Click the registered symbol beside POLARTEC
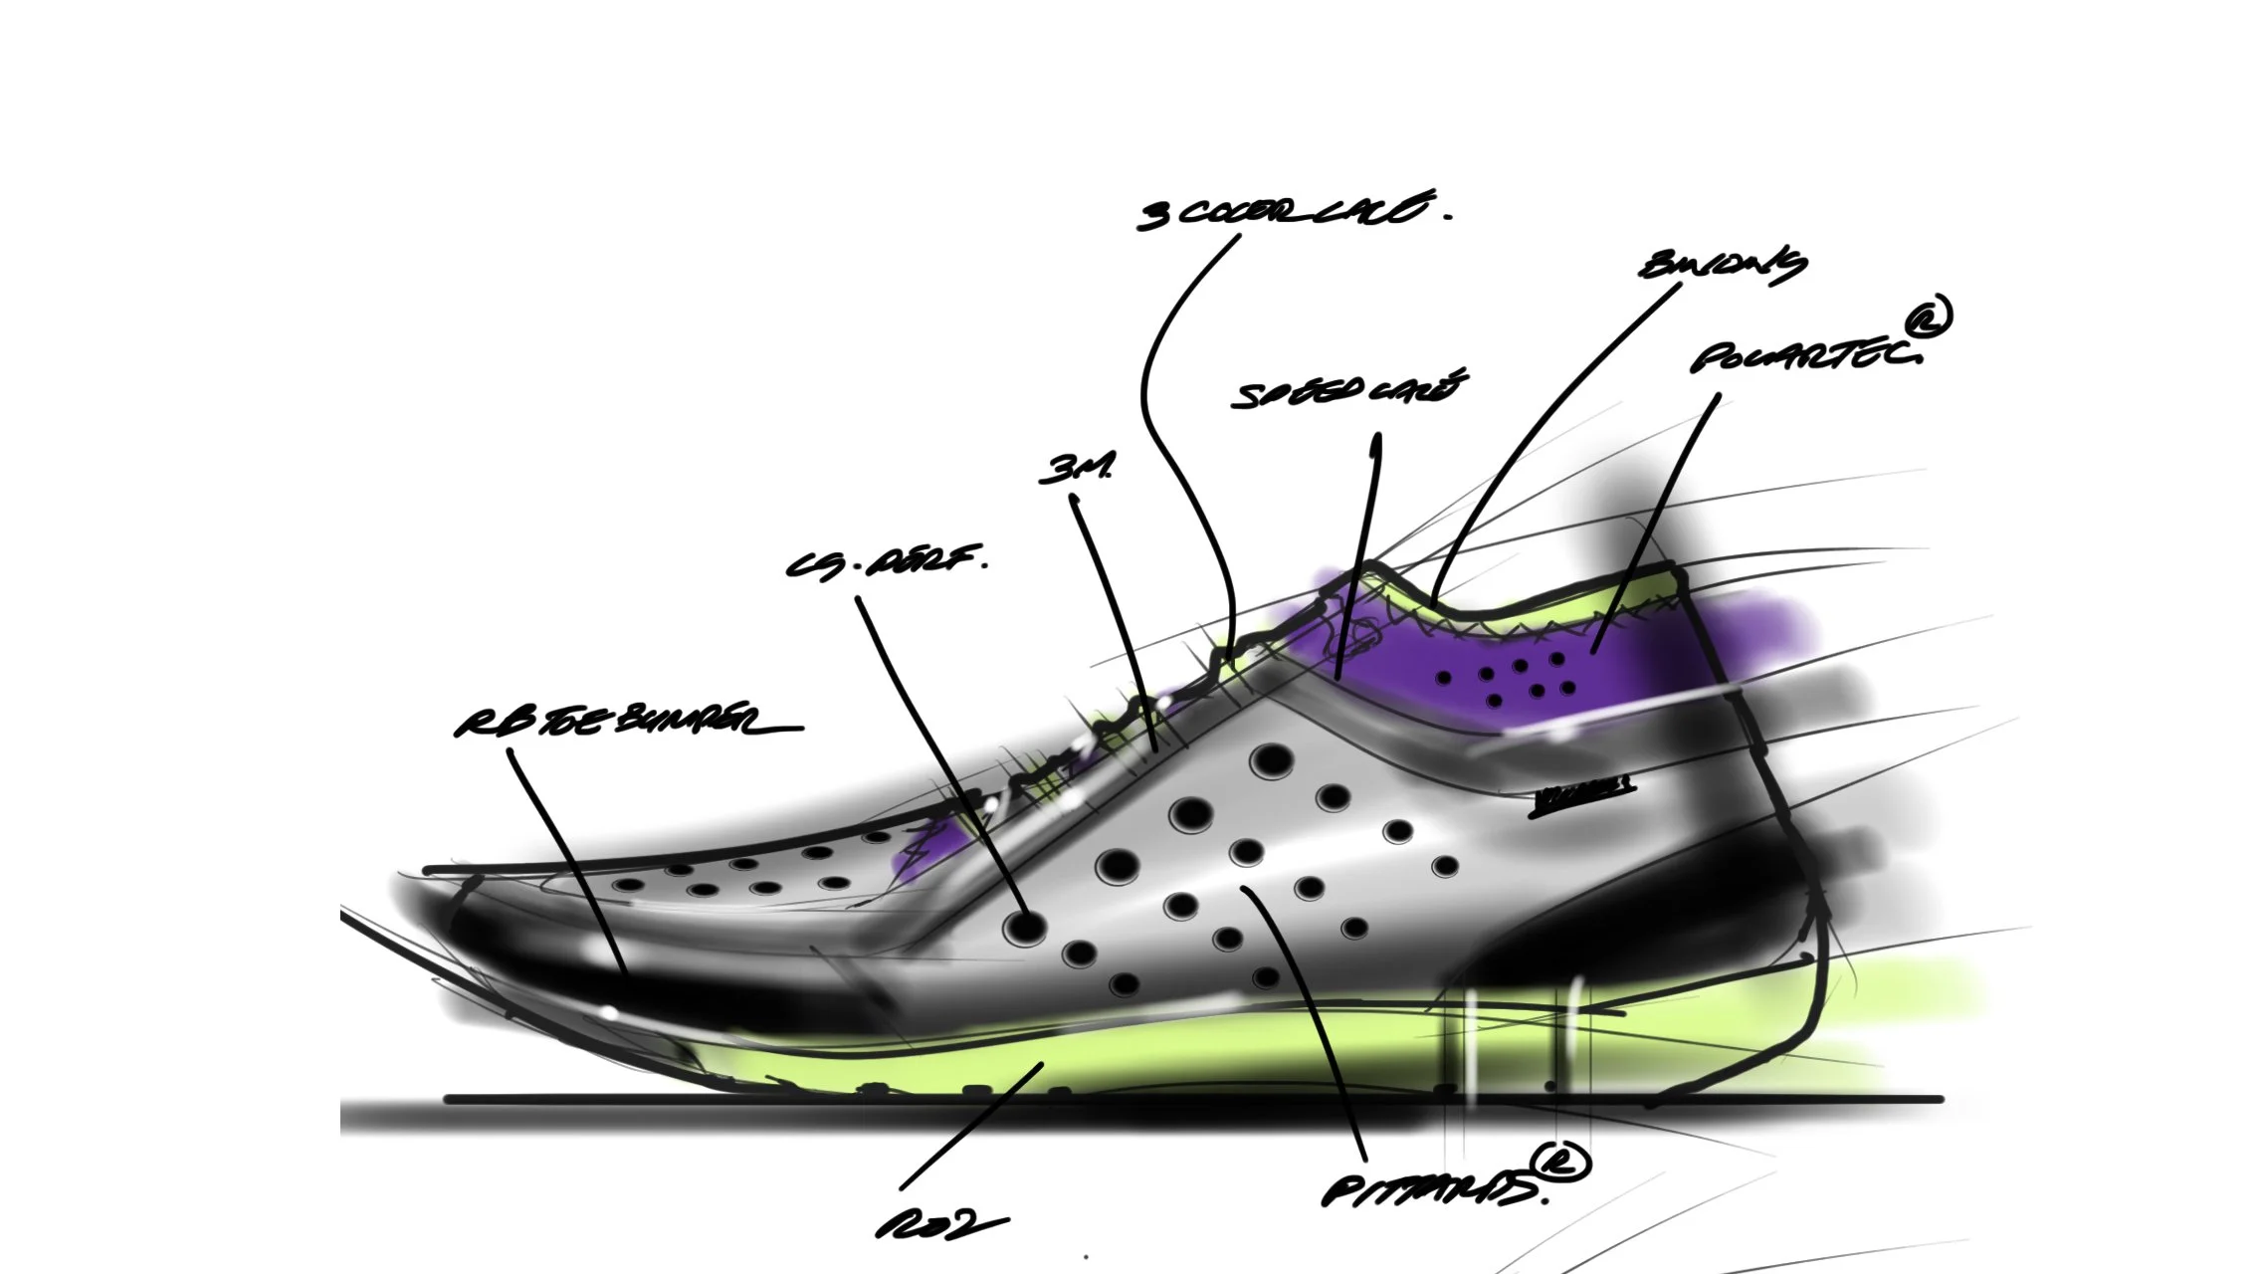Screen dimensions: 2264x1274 1930,318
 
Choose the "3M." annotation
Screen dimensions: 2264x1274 1076,469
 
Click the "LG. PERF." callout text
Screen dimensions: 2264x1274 886,563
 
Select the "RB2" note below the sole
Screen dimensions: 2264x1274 940,1225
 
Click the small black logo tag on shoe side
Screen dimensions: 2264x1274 1582,795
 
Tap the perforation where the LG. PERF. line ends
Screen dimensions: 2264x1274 1024,928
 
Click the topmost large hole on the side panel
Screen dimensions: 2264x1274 1271,761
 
